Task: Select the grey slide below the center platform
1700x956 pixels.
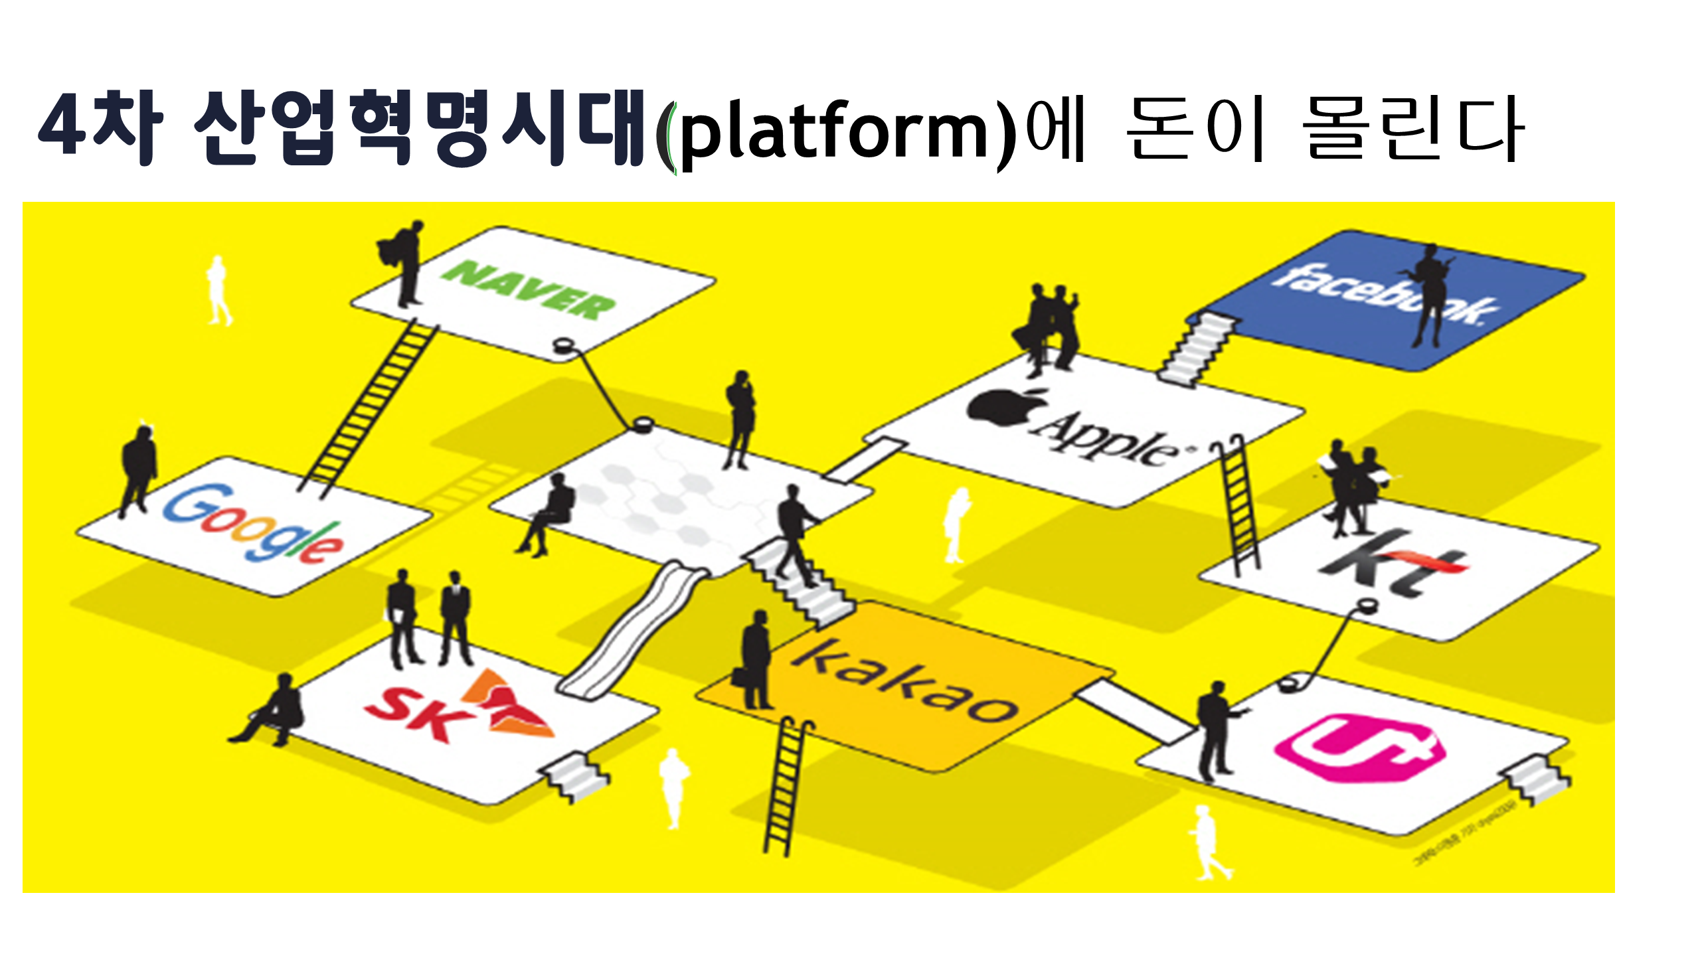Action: click(x=631, y=631)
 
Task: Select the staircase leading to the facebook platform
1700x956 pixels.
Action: click(x=1195, y=349)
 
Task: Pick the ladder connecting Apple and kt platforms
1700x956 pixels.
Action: click(x=1238, y=505)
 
